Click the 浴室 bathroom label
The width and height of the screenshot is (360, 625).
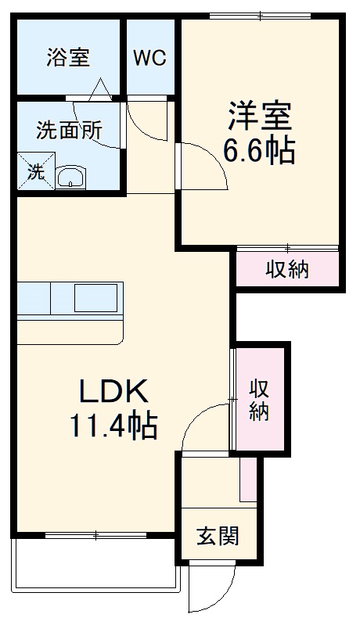(x=68, y=58)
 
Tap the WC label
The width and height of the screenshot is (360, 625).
(x=149, y=59)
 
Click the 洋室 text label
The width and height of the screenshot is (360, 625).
(x=260, y=117)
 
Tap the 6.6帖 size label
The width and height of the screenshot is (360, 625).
(x=260, y=149)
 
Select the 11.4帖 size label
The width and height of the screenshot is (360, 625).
(x=114, y=426)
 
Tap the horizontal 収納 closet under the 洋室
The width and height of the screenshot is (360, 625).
(x=286, y=269)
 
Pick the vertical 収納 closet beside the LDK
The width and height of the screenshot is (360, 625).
(x=259, y=399)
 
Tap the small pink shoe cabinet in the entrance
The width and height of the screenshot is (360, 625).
(x=248, y=479)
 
